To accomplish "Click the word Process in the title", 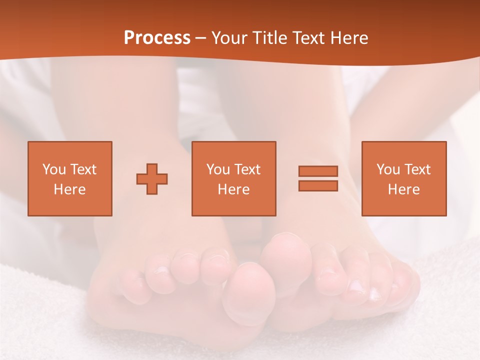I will point(157,38).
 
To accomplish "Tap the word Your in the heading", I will point(228,38).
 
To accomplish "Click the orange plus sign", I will point(152,178).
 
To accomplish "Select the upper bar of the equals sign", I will point(318,171).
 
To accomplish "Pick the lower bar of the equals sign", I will point(318,186).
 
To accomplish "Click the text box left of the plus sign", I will point(70,178).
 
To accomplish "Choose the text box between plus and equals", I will point(234,178).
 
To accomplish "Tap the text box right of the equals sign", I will point(404,178).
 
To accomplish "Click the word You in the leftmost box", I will point(54,169).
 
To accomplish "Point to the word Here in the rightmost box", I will point(404,189).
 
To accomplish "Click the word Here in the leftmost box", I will point(70,189).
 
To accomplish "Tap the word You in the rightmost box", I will point(388,169).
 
